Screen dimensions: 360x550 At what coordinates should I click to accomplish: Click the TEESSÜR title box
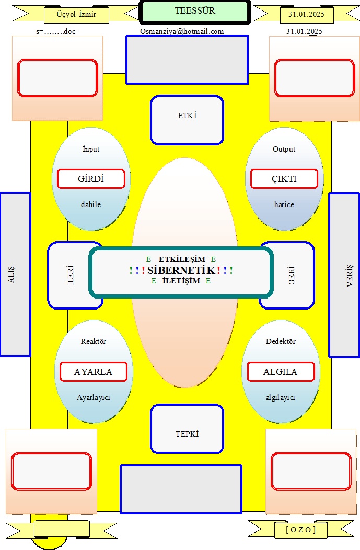click(x=195, y=12)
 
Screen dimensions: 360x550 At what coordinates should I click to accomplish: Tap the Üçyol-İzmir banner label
click(x=76, y=15)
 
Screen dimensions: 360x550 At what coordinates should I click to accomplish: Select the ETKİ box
click(x=187, y=120)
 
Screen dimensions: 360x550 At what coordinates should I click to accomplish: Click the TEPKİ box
click(x=187, y=429)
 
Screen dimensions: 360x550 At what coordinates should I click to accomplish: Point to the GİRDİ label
click(x=91, y=179)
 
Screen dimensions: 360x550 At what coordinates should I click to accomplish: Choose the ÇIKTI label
click(x=284, y=179)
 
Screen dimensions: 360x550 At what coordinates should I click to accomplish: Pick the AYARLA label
click(x=93, y=372)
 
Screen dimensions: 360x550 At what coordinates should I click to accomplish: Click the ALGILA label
click(x=281, y=372)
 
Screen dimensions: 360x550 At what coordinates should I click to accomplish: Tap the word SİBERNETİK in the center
click(x=181, y=270)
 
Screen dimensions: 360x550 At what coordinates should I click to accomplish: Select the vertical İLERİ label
click(x=70, y=274)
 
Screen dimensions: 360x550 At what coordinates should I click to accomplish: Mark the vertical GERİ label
click(x=292, y=276)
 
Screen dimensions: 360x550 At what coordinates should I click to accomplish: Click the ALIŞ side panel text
click(x=11, y=274)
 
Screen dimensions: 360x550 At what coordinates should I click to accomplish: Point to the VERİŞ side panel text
click(x=350, y=276)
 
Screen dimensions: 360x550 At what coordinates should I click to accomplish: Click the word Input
click(x=91, y=149)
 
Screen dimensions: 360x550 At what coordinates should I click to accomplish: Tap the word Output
click(x=284, y=149)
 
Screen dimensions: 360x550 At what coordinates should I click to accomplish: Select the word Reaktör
click(x=93, y=341)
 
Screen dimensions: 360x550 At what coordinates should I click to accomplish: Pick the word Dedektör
click(x=281, y=341)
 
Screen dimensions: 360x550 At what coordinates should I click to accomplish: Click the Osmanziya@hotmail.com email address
click(x=182, y=31)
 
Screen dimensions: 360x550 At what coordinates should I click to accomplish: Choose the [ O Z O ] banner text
click(x=301, y=529)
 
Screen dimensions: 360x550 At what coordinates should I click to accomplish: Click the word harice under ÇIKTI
click(x=284, y=204)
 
